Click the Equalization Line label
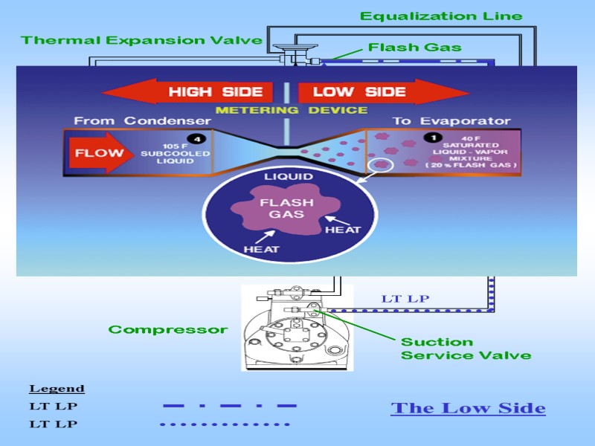click(441, 16)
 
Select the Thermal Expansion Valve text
click(141, 40)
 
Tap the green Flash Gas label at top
click(414, 48)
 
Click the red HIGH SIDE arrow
click(190, 92)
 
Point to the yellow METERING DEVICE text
click(291, 110)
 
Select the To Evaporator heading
click(451, 121)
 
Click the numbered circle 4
click(196, 138)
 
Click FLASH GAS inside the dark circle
click(286, 208)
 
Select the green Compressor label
click(168, 329)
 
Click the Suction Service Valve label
click(466, 349)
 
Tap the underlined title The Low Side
click(468, 408)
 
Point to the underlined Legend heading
click(57, 389)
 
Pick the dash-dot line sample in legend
click(229, 406)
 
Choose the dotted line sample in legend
click(225, 424)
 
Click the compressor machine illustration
click(297, 327)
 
